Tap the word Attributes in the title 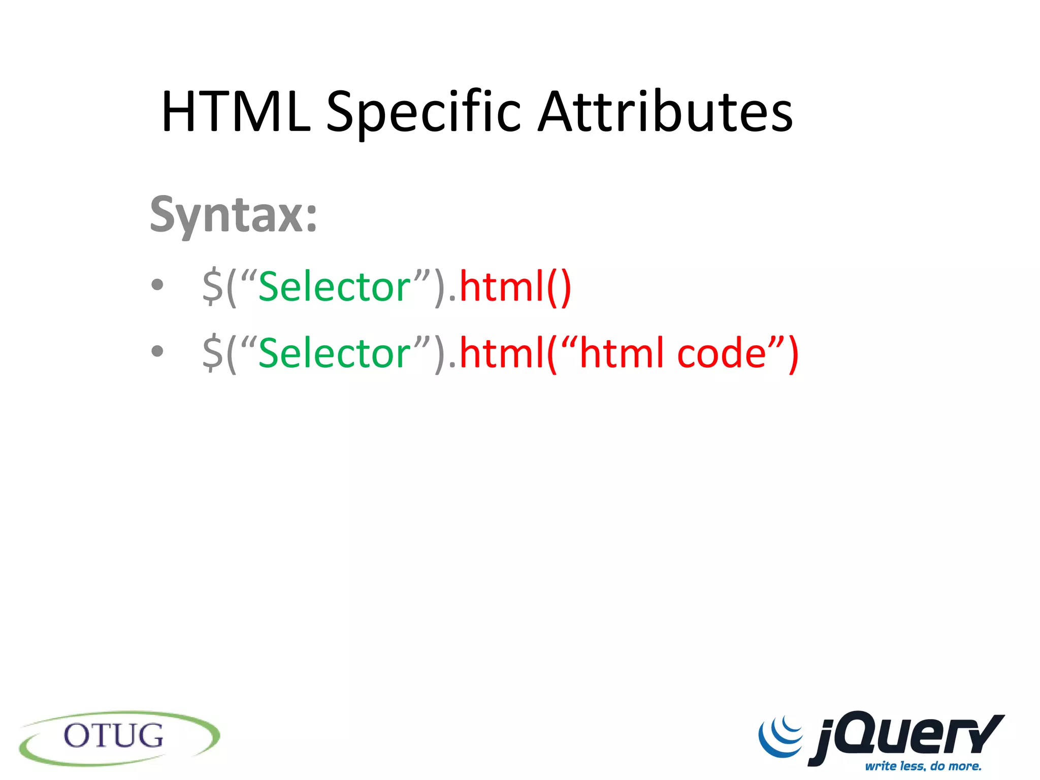tap(665, 112)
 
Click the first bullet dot tap(157, 285)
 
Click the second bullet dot tap(157, 351)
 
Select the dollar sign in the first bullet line tap(212, 287)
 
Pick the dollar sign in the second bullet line tap(212, 353)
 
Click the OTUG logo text tap(114, 736)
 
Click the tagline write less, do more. tap(923, 766)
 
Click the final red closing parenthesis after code tap(793, 354)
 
